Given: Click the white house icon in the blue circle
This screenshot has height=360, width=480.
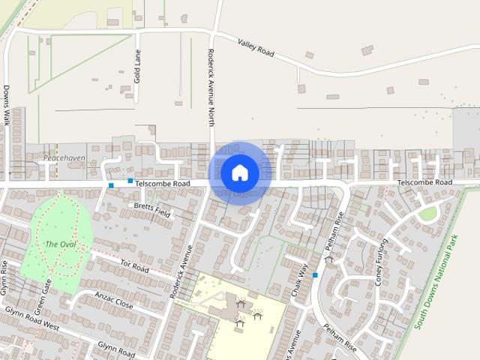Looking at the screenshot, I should pyautogui.click(x=240, y=172).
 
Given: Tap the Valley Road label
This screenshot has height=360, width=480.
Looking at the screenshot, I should pyautogui.click(x=256, y=48).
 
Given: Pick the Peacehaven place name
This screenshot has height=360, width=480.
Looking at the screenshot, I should pyautogui.click(x=64, y=158).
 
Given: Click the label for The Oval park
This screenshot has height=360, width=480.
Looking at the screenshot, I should pyautogui.click(x=60, y=244).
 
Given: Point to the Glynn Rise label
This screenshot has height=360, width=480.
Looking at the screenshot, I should pyautogui.click(x=4, y=277).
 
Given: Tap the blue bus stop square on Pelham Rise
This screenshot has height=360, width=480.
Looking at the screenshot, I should pyautogui.click(x=315, y=276).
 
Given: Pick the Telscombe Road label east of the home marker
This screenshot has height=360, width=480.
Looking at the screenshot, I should pyautogui.click(x=424, y=182).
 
